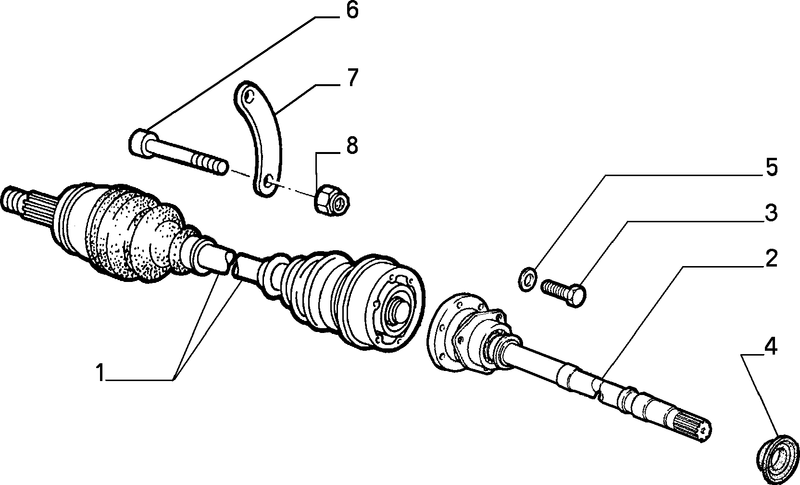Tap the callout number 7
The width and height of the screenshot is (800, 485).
click(x=352, y=78)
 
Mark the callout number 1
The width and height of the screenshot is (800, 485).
click(x=100, y=372)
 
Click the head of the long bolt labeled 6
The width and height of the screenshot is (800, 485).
click(x=143, y=144)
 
